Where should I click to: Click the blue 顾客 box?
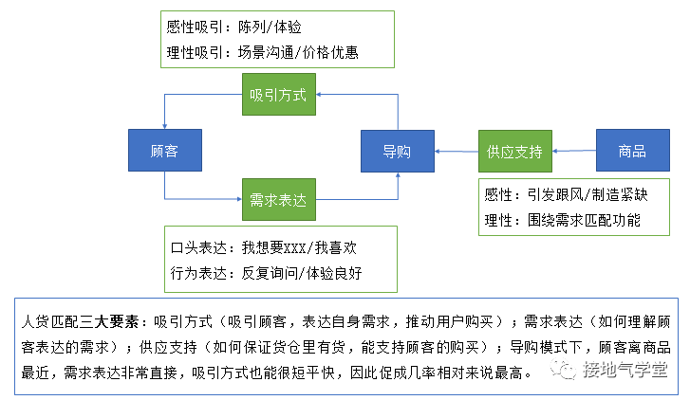click(164, 151)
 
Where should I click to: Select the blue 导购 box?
click(397, 151)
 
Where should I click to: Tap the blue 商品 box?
click(631, 151)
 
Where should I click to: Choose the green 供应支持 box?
click(514, 151)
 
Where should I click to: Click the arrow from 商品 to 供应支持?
click(573, 151)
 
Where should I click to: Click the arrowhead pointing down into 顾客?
click(164, 125)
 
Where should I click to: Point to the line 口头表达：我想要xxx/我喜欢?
click(264, 248)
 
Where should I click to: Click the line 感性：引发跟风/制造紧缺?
click(566, 196)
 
